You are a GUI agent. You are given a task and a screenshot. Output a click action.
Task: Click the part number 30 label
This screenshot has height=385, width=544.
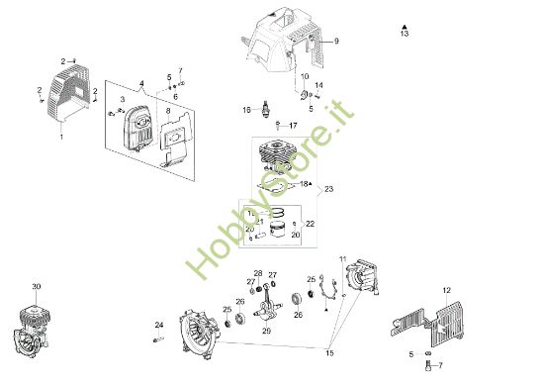tap(37, 286)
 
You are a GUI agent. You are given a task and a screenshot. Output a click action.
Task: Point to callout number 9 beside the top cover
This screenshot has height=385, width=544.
tap(335, 42)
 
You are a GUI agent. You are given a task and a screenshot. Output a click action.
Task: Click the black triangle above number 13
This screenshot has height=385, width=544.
tap(404, 24)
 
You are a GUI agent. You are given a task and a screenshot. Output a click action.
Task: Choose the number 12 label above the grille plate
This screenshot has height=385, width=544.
tap(446, 289)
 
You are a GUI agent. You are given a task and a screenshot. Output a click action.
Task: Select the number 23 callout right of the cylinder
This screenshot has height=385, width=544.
tap(329, 187)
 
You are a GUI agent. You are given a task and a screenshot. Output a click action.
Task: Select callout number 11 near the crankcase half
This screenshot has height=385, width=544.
tap(343, 259)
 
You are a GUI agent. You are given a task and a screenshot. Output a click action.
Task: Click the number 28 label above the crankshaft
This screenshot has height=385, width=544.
tap(258, 273)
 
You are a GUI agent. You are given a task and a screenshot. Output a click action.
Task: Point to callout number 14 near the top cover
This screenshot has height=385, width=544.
tap(318, 85)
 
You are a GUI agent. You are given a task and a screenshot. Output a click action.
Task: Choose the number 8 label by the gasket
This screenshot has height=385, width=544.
tap(168, 112)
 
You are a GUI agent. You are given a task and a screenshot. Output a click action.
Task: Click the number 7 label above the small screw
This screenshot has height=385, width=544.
tap(180, 71)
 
